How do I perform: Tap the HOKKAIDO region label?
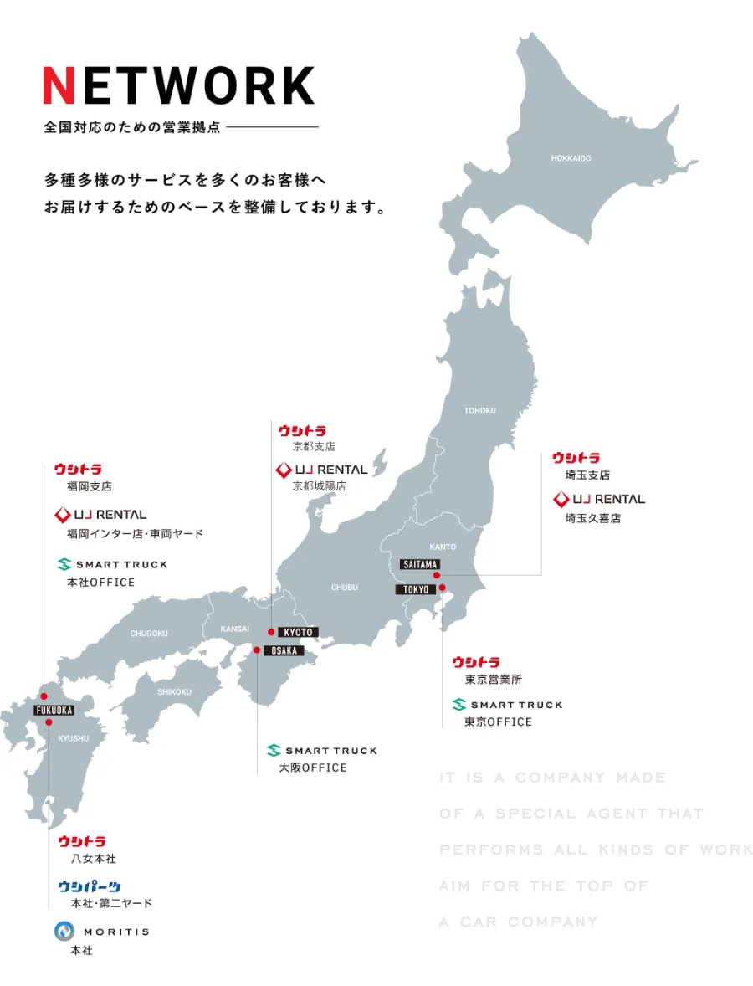click(x=571, y=158)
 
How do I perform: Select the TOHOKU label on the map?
click(x=480, y=411)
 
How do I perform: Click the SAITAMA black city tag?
click(x=419, y=564)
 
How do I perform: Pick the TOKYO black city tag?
click(x=416, y=589)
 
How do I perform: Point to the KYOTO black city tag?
click(x=298, y=633)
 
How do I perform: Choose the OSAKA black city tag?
click(x=284, y=650)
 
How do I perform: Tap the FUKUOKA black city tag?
click(x=54, y=711)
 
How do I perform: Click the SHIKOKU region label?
click(x=174, y=692)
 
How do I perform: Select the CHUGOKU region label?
click(x=149, y=634)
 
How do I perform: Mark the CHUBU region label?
click(x=344, y=588)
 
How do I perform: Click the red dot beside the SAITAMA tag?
click(x=437, y=575)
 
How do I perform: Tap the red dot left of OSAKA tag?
click(x=257, y=650)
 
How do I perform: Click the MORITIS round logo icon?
click(x=64, y=931)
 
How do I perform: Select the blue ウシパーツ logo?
click(x=90, y=886)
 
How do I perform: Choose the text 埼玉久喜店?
click(x=592, y=519)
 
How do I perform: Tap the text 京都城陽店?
click(x=319, y=486)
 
